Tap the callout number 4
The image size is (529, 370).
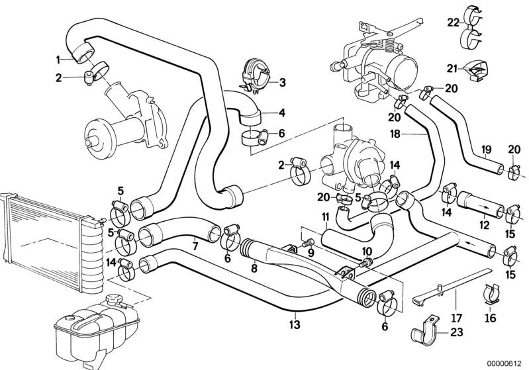coord(281,112)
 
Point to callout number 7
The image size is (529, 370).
coord(195,246)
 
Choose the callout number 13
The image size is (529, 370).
coord(295,325)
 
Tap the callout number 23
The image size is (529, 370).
coord(457,333)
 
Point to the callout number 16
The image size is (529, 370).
coord(489,319)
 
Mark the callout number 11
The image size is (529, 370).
coord(325,217)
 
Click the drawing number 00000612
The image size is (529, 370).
coord(503,361)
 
